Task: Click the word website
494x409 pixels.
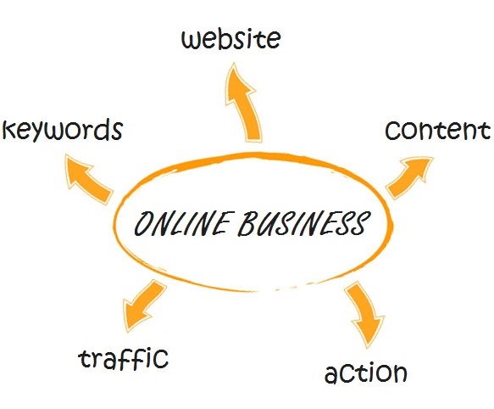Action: tap(231, 39)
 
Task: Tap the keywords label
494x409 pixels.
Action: tap(63, 130)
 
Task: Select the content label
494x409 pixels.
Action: tap(437, 130)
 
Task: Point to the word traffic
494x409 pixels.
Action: tap(123, 359)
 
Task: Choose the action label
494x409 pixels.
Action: tap(366, 373)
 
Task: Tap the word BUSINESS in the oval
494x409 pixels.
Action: tap(304, 223)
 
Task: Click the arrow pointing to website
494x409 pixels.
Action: tap(244, 104)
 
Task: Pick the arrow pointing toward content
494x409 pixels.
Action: tap(408, 177)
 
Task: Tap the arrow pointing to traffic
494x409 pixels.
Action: tap(143, 305)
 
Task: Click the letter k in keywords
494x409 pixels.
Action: tap(9, 129)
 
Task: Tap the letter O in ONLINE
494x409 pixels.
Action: tap(144, 223)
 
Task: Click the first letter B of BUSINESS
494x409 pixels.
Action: tap(247, 223)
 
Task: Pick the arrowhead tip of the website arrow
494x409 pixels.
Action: tap(234, 63)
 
